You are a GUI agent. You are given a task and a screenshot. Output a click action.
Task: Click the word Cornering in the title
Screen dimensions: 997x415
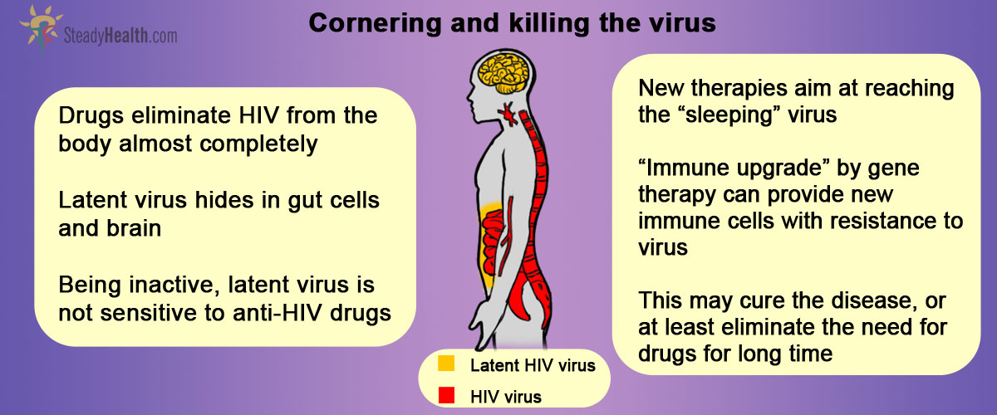point(375,24)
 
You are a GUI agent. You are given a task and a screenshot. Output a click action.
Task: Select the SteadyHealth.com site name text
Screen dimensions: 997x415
point(120,36)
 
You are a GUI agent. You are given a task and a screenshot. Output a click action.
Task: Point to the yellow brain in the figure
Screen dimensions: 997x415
point(503,73)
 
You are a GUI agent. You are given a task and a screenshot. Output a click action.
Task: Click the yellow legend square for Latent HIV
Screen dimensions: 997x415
point(446,364)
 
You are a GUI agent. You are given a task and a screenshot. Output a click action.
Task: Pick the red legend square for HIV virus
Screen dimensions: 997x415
point(446,395)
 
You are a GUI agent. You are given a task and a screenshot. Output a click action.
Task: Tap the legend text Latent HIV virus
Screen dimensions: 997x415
point(533,366)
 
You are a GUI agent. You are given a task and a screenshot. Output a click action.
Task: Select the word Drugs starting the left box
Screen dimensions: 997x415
point(91,116)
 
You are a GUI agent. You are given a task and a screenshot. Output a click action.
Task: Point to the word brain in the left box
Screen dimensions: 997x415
point(135,228)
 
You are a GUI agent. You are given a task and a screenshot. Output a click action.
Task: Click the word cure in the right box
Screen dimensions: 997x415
point(762,301)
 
